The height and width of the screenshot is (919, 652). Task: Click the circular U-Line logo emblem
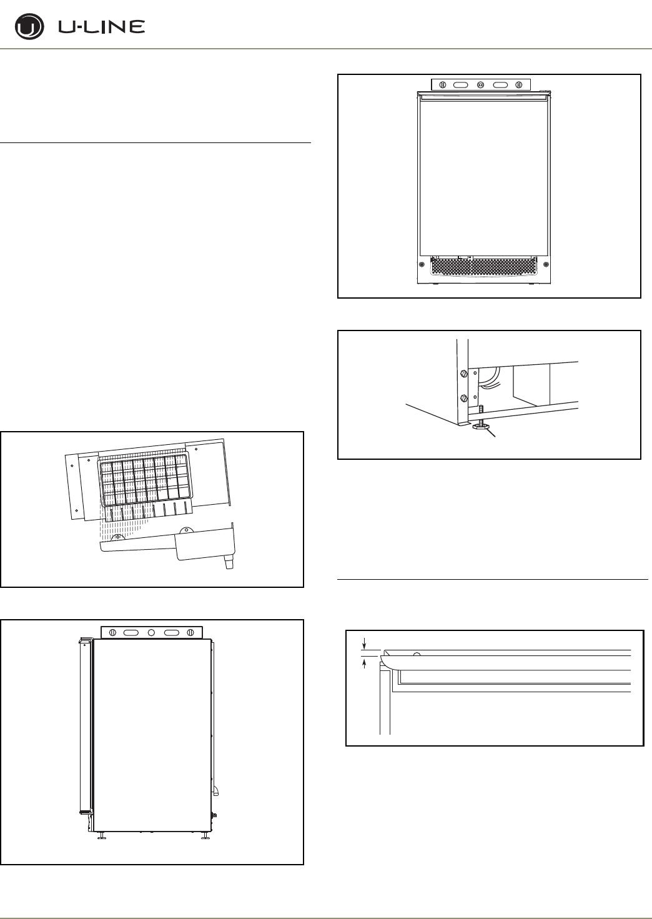pos(29,27)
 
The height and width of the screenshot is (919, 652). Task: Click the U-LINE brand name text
pos(102,27)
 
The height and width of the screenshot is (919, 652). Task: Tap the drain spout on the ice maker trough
pos(229,563)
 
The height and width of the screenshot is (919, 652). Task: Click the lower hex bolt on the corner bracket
pos(463,398)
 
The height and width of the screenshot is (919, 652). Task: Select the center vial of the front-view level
pos(481,84)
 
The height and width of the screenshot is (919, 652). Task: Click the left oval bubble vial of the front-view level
pos(461,84)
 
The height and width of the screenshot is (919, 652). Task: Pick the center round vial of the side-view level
pos(151,632)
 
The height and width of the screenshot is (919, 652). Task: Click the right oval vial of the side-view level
pos(172,632)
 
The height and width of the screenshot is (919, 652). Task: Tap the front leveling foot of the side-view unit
pos(101,836)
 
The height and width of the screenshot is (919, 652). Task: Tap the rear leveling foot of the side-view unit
pos(205,836)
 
